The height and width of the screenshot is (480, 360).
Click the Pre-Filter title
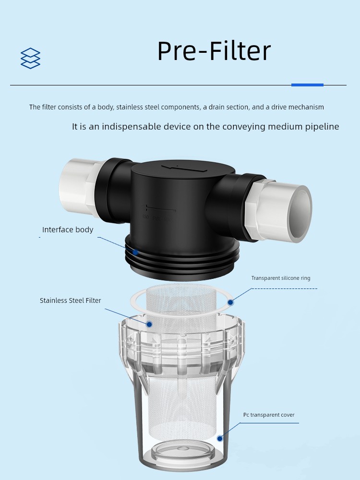[214, 50]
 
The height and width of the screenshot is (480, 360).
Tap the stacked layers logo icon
[30, 58]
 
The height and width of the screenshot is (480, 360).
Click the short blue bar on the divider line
[307, 85]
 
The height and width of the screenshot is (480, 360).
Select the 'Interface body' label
[68, 229]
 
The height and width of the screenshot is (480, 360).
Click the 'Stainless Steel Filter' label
[71, 300]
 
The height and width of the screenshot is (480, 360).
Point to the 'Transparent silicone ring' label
[281, 278]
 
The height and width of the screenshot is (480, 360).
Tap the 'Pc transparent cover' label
[269, 415]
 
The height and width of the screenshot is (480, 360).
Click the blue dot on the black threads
[135, 252]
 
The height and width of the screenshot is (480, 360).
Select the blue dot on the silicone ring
[230, 302]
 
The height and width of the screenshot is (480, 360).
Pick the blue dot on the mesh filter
[149, 324]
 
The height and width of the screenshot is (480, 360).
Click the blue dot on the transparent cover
[220, 439]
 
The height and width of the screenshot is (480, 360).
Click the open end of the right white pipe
[300, 214]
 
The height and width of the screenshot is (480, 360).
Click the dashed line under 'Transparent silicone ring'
[284, 288]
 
